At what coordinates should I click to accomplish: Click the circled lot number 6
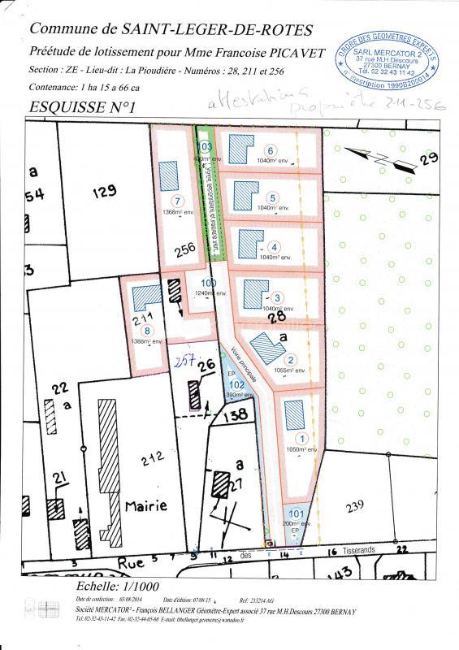click(270, 149)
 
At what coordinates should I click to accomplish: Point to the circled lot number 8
click(146, 330)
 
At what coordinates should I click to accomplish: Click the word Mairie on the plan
click(146, 505)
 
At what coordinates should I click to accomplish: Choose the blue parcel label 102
click(236, 384)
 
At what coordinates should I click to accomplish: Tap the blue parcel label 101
click(296, 513)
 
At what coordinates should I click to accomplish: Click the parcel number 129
click(105, 192)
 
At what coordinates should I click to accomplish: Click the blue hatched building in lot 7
click(168, 173)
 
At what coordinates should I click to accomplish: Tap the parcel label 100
click(208, 283)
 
